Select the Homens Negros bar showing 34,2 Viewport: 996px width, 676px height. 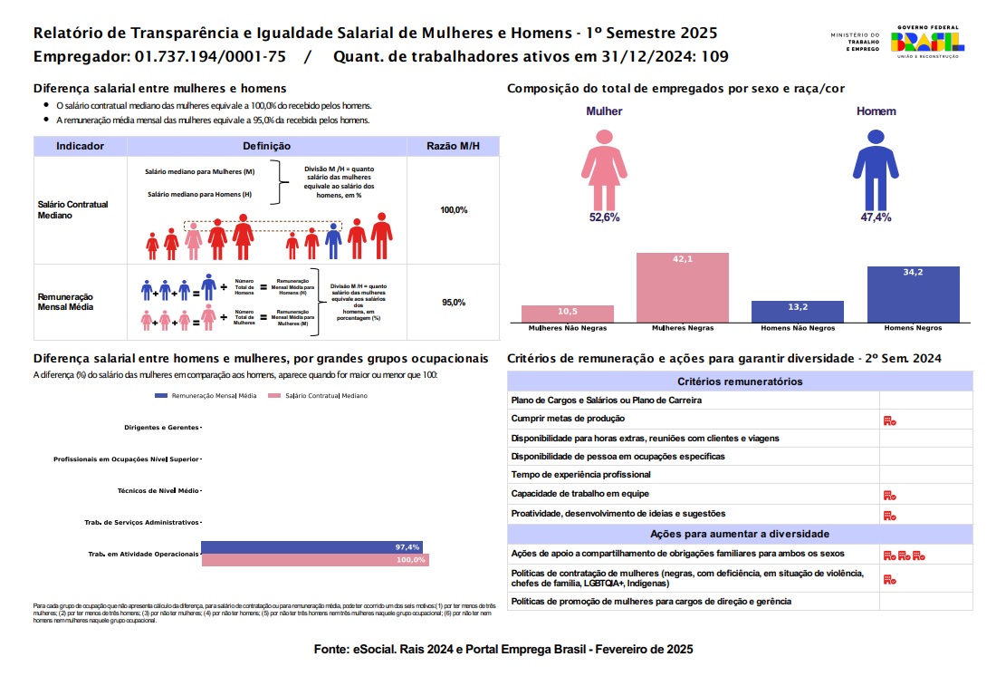(913, 295)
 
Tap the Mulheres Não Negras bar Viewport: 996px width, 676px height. (568, 314)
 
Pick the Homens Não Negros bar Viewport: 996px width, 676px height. (798, 312)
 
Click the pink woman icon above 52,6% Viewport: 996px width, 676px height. (604, 167)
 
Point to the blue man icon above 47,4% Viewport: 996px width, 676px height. (876, 167)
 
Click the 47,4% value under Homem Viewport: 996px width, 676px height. (876, 217)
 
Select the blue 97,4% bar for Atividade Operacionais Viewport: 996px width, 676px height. (311, 547)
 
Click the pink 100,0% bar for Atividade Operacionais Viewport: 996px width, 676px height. (315, 560)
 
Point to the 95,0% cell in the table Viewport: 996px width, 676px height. (454, 302)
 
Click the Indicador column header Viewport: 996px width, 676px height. (80, 146)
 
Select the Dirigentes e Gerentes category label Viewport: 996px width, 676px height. (162, 427)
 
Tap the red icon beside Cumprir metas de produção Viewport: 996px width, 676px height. (889, 420)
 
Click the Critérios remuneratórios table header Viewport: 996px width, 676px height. (740, 381)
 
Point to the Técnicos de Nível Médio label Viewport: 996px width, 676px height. (158, 490)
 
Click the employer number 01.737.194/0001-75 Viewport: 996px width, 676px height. (210, 57)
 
